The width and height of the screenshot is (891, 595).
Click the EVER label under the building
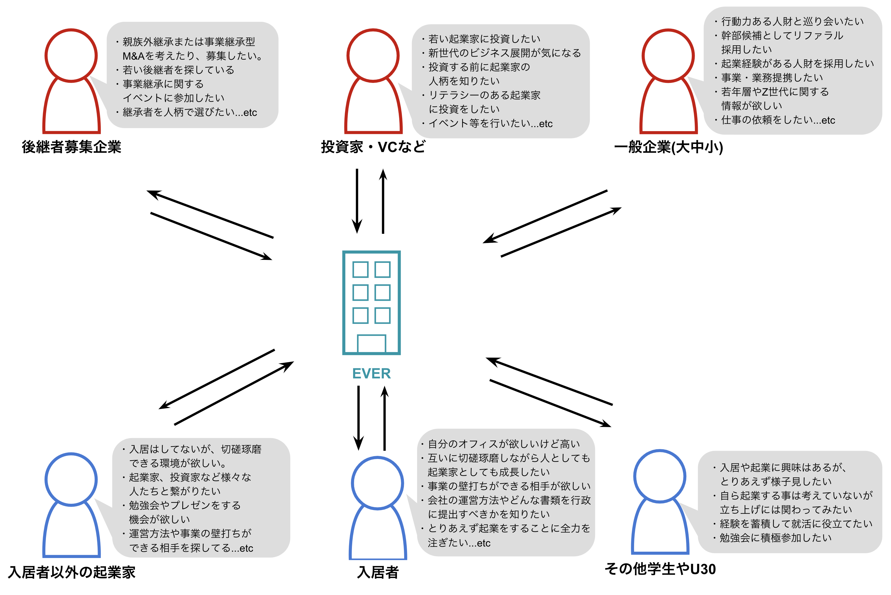click(x=371, y=374)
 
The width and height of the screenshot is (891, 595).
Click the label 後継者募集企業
click(x=71, y=147)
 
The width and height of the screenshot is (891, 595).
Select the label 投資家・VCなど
click(x=373, y=147)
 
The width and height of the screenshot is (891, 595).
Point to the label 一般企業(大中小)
click(x=668, y=147)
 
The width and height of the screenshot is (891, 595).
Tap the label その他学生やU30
click(x=660, y=569)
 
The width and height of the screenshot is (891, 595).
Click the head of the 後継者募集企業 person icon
click(x=71, y=55)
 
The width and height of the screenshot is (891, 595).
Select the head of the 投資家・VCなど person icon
click(x=373, y=55)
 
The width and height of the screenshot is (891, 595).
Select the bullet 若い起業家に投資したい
click(x=484, y=39)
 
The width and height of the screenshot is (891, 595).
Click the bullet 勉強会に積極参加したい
click(x=775, y=538)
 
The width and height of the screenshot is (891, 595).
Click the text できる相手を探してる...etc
click(x=191, y=548)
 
